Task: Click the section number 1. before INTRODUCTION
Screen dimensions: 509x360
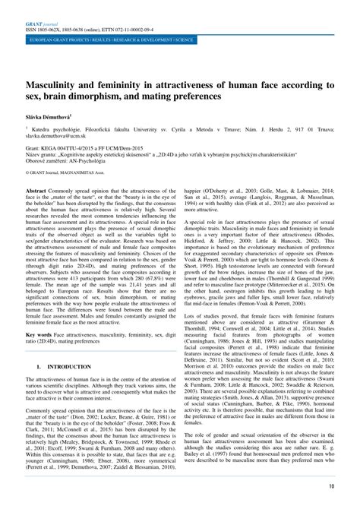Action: pyautogui.click(x=39, y=386)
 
